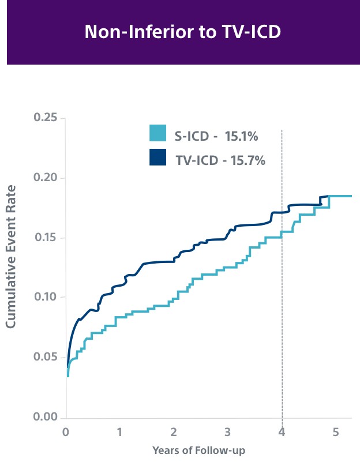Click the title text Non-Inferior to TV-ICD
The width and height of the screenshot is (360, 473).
[182, 32]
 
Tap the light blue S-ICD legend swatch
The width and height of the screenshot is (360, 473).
[157, 133]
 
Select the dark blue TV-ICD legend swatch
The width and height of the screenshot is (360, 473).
[157, 157]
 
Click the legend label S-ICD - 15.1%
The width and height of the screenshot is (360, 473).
[216, 137]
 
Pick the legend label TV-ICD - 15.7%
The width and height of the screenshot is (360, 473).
[220, 160]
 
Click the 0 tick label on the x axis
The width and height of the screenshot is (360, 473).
[66, 431]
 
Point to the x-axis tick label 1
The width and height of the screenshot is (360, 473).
[119, 431]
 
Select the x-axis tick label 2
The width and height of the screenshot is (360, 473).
[174, 431]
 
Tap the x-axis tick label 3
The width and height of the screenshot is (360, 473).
[228, 431]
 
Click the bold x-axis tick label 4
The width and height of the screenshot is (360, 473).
[282, 431]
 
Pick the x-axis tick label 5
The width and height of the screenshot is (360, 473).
[336, 431]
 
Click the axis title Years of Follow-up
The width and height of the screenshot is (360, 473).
[198, 451]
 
